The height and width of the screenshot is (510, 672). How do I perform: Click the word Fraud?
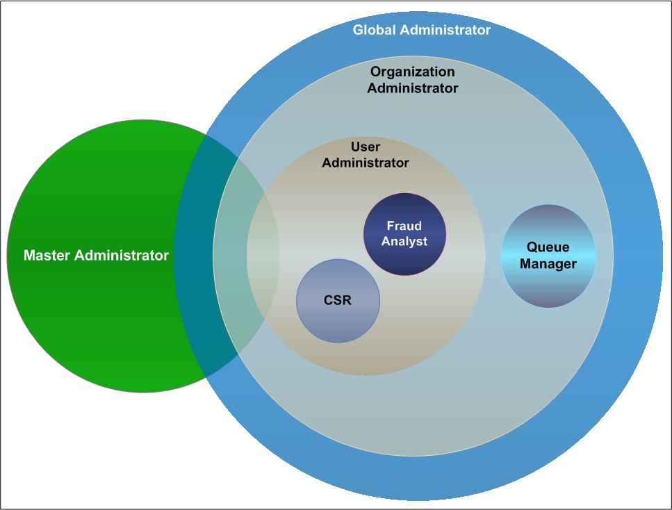click(x=404, y=227)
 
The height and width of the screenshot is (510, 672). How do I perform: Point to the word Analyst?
click(x=404, y=241)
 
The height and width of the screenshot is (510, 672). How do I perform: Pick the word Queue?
click(x=548, y=247)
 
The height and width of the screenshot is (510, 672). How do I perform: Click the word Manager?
click(x=548, y=264)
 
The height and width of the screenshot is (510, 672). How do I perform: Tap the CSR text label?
click(x=338, y=301)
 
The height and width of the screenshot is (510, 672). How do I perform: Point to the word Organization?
click(x=412, y=72)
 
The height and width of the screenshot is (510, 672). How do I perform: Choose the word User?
click(x=365, y=147)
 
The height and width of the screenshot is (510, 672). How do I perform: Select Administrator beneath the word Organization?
click(x=412, y=88)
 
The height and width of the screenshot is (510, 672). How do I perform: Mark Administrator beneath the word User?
click(x=366, y=163)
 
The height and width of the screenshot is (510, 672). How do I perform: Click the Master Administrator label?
click(x=96, y=256)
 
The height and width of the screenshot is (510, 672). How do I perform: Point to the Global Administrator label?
click(x=421, y=30)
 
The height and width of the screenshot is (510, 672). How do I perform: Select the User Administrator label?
click(x=366, y=155)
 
